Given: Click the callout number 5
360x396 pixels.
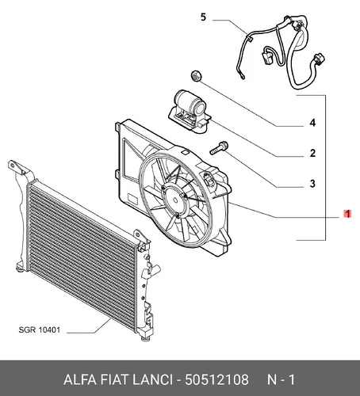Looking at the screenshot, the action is (x=203, y=17).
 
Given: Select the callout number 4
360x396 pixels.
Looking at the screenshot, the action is (x=312, y=123).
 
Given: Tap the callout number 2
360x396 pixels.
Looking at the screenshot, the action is (x=312, y=153).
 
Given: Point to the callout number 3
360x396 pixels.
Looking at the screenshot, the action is (x=312, y=184).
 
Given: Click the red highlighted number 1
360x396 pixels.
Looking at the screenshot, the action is (x=347, y=214).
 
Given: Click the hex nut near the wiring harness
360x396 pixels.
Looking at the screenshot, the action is (x=196, y=76).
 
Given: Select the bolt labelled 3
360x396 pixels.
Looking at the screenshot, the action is (x=219, y=148).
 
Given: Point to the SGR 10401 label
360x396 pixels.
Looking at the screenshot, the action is (x=40, y=329).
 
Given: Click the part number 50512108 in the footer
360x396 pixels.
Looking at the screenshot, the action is (x=216, y=380).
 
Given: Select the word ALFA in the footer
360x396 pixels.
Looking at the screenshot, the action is (x=79, y=380).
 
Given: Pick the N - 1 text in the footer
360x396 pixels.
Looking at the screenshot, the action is (x=281, y=380).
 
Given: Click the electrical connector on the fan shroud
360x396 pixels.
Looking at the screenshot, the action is (x=209, y=180).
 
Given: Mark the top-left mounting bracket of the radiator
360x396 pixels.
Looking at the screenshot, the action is (x=18, y=168).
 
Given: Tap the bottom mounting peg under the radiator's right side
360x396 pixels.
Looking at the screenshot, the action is (x=146, y=338).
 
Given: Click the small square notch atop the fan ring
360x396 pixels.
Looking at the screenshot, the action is (x=186, y=152).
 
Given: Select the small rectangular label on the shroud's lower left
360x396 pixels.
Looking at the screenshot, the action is (x=132, y=198).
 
